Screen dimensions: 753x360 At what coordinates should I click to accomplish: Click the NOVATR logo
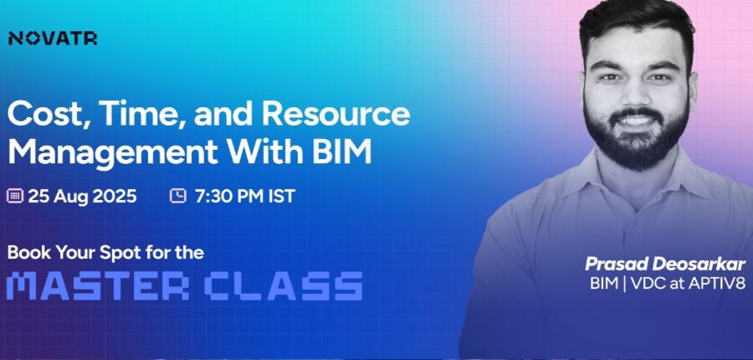[53, 39]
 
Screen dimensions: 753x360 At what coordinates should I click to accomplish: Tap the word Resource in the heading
[336, 114]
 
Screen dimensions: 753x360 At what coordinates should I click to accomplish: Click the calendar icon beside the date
[15, 196]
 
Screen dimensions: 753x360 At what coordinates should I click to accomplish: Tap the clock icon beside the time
[178, 196]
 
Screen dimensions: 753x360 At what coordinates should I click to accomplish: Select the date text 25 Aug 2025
[82, 196]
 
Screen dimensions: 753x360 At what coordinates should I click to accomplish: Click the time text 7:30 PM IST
[244, 196]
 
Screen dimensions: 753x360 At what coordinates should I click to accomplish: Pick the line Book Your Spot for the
[105, 252]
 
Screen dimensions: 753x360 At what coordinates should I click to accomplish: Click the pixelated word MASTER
[98, 286]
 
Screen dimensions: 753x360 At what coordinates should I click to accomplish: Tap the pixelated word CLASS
[284, 286]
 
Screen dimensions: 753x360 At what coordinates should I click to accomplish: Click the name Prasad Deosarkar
[665, 264]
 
